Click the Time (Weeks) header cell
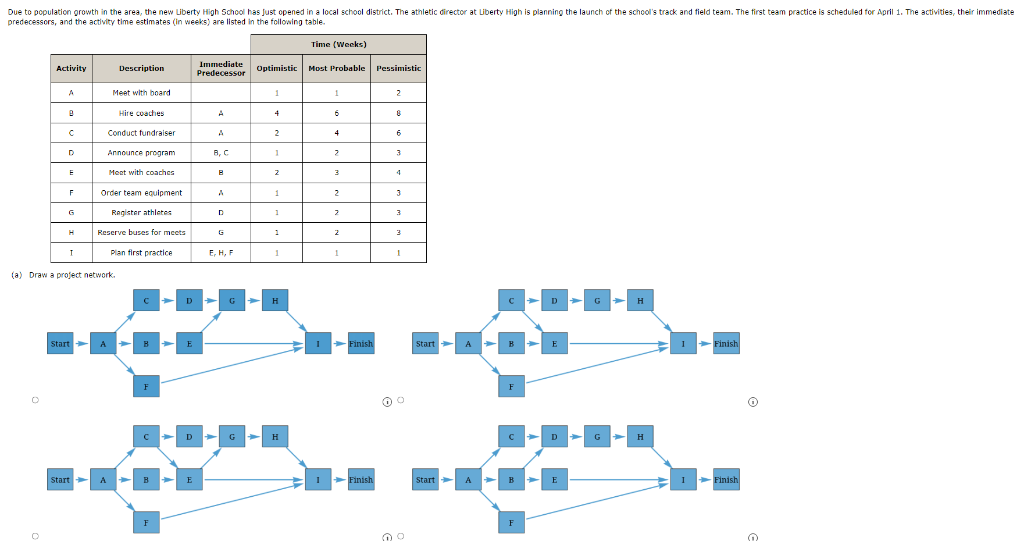[338, 45]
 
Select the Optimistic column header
[277, 69]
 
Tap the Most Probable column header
[337, 69]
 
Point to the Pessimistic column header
[398, 69]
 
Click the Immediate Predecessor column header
[221, 69]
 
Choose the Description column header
[141, 69]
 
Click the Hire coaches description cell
[141, 113]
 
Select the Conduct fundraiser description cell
[141, 133]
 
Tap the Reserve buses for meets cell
[141, 233]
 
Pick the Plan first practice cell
[141, 253]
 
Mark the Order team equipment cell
[141, 193]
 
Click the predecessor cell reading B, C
[221, 153]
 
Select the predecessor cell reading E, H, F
[221, 253]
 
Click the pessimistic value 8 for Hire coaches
[398, 113]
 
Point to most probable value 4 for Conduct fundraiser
[337, 133]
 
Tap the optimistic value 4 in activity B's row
[277, 113]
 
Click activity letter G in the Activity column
[72, 213]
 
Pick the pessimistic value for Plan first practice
[398, 253]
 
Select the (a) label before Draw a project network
[16, 275]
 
